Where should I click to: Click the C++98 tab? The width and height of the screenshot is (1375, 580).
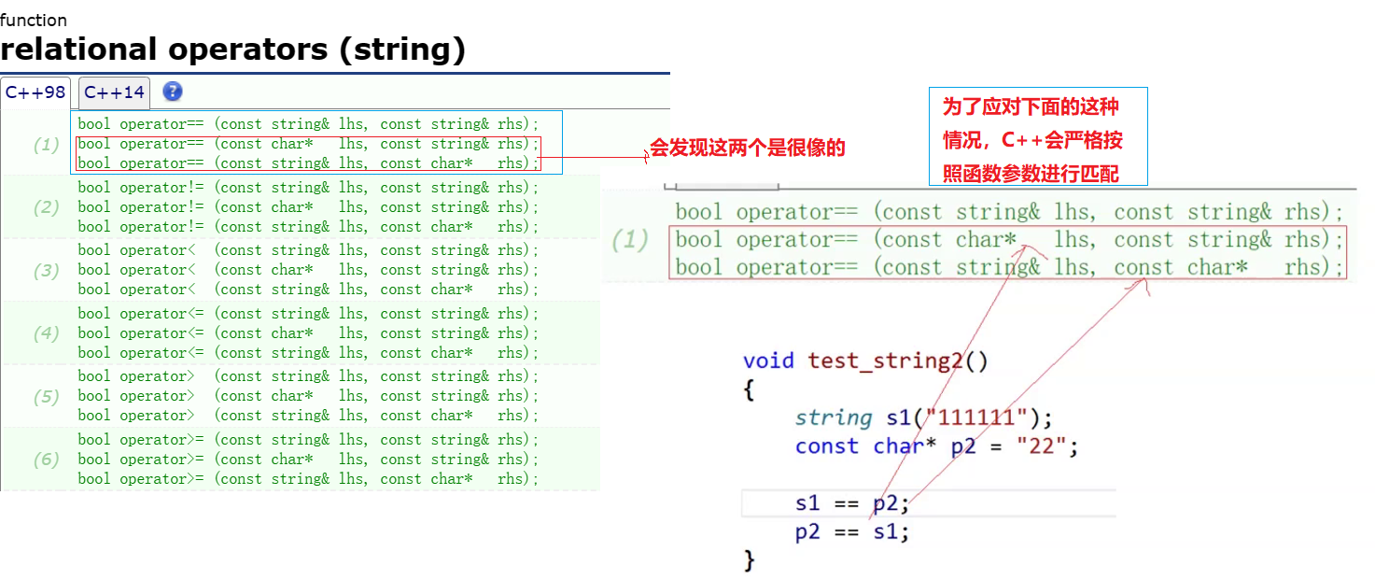tap(35, 92)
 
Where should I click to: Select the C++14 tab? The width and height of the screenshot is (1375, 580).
tap(114, 92)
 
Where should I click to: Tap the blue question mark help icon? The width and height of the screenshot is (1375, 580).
tap(173, 92)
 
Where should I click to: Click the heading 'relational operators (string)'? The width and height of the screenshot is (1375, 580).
tap(232, 49)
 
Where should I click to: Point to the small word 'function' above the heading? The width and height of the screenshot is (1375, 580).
tap(34, 20)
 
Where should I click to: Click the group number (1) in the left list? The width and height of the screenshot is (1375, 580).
tap(47, 145)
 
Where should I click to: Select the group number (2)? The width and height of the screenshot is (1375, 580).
tap(47, 207)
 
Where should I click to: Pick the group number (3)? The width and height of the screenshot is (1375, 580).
tap(47, 270)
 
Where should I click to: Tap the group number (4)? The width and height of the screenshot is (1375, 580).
tap(47, 333)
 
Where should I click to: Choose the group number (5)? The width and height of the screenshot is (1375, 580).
tap(47, 396)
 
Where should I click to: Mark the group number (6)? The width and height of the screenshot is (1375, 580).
tap(47, 460)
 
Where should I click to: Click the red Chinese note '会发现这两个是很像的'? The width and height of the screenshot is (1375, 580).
tap(747, 148)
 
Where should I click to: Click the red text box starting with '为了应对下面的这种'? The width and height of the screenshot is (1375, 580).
tap(1037, 137)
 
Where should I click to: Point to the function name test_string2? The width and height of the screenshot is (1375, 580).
tap(885, 361)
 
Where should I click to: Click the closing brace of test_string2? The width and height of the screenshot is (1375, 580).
tap(749, 560)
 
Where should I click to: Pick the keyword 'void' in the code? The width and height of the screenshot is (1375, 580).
tap(768, 361)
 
